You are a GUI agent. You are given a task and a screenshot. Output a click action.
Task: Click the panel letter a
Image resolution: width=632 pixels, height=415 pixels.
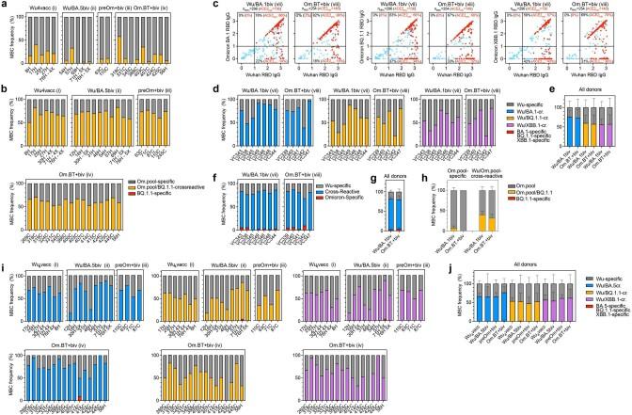pyautogui.click(x=4, y=6)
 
